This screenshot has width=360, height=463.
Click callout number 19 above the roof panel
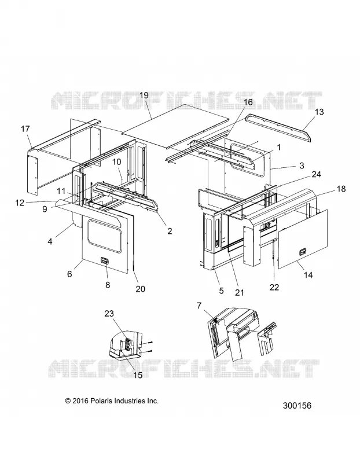point(144,95)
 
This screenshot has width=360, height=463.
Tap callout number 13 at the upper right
point(319,112)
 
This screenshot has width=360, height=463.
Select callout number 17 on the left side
point(25,129)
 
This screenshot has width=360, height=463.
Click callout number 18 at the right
point(341,189)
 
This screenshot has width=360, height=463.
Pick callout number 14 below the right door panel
point(308,275)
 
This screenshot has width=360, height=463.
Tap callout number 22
point(274,287)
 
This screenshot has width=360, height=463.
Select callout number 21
point(240,292)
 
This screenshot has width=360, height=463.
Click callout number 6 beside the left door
point(69,274)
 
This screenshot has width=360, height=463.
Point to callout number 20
point(140,288)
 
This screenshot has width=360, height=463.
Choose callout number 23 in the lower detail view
point(109,313)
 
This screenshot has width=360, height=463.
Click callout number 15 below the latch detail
point(138,375)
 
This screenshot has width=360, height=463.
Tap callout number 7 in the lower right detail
point(199,306)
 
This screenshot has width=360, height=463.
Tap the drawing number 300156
point(297,406)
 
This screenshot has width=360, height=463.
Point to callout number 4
point(50,241)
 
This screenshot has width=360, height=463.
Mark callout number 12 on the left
point(20,203)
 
